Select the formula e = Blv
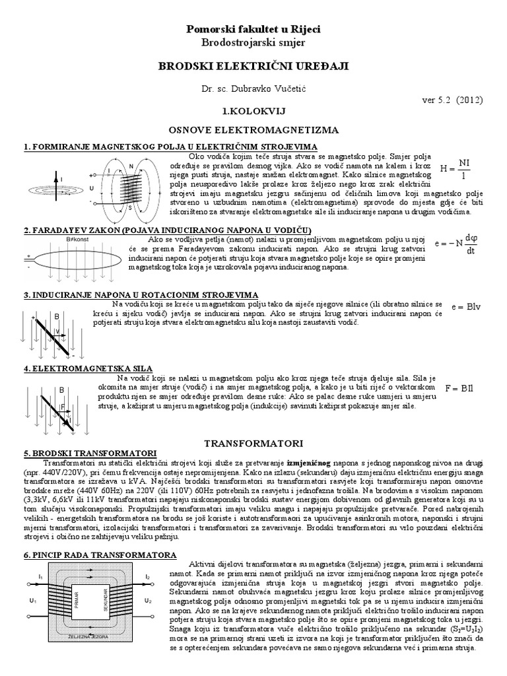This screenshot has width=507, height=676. pos(464,307)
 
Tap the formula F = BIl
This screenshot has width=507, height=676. pos(460,388)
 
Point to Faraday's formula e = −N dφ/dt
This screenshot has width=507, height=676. pos(456,244)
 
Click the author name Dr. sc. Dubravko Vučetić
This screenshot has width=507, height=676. pos(253,88)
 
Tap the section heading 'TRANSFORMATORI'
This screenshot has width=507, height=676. pos(253,439)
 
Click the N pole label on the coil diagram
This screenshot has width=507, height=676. pos(131,165)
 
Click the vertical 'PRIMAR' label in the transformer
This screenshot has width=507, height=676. pos(77,601)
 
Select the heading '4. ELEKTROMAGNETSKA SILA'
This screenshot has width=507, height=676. pos(88,368)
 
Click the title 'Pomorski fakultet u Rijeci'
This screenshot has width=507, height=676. pos(253,30)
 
